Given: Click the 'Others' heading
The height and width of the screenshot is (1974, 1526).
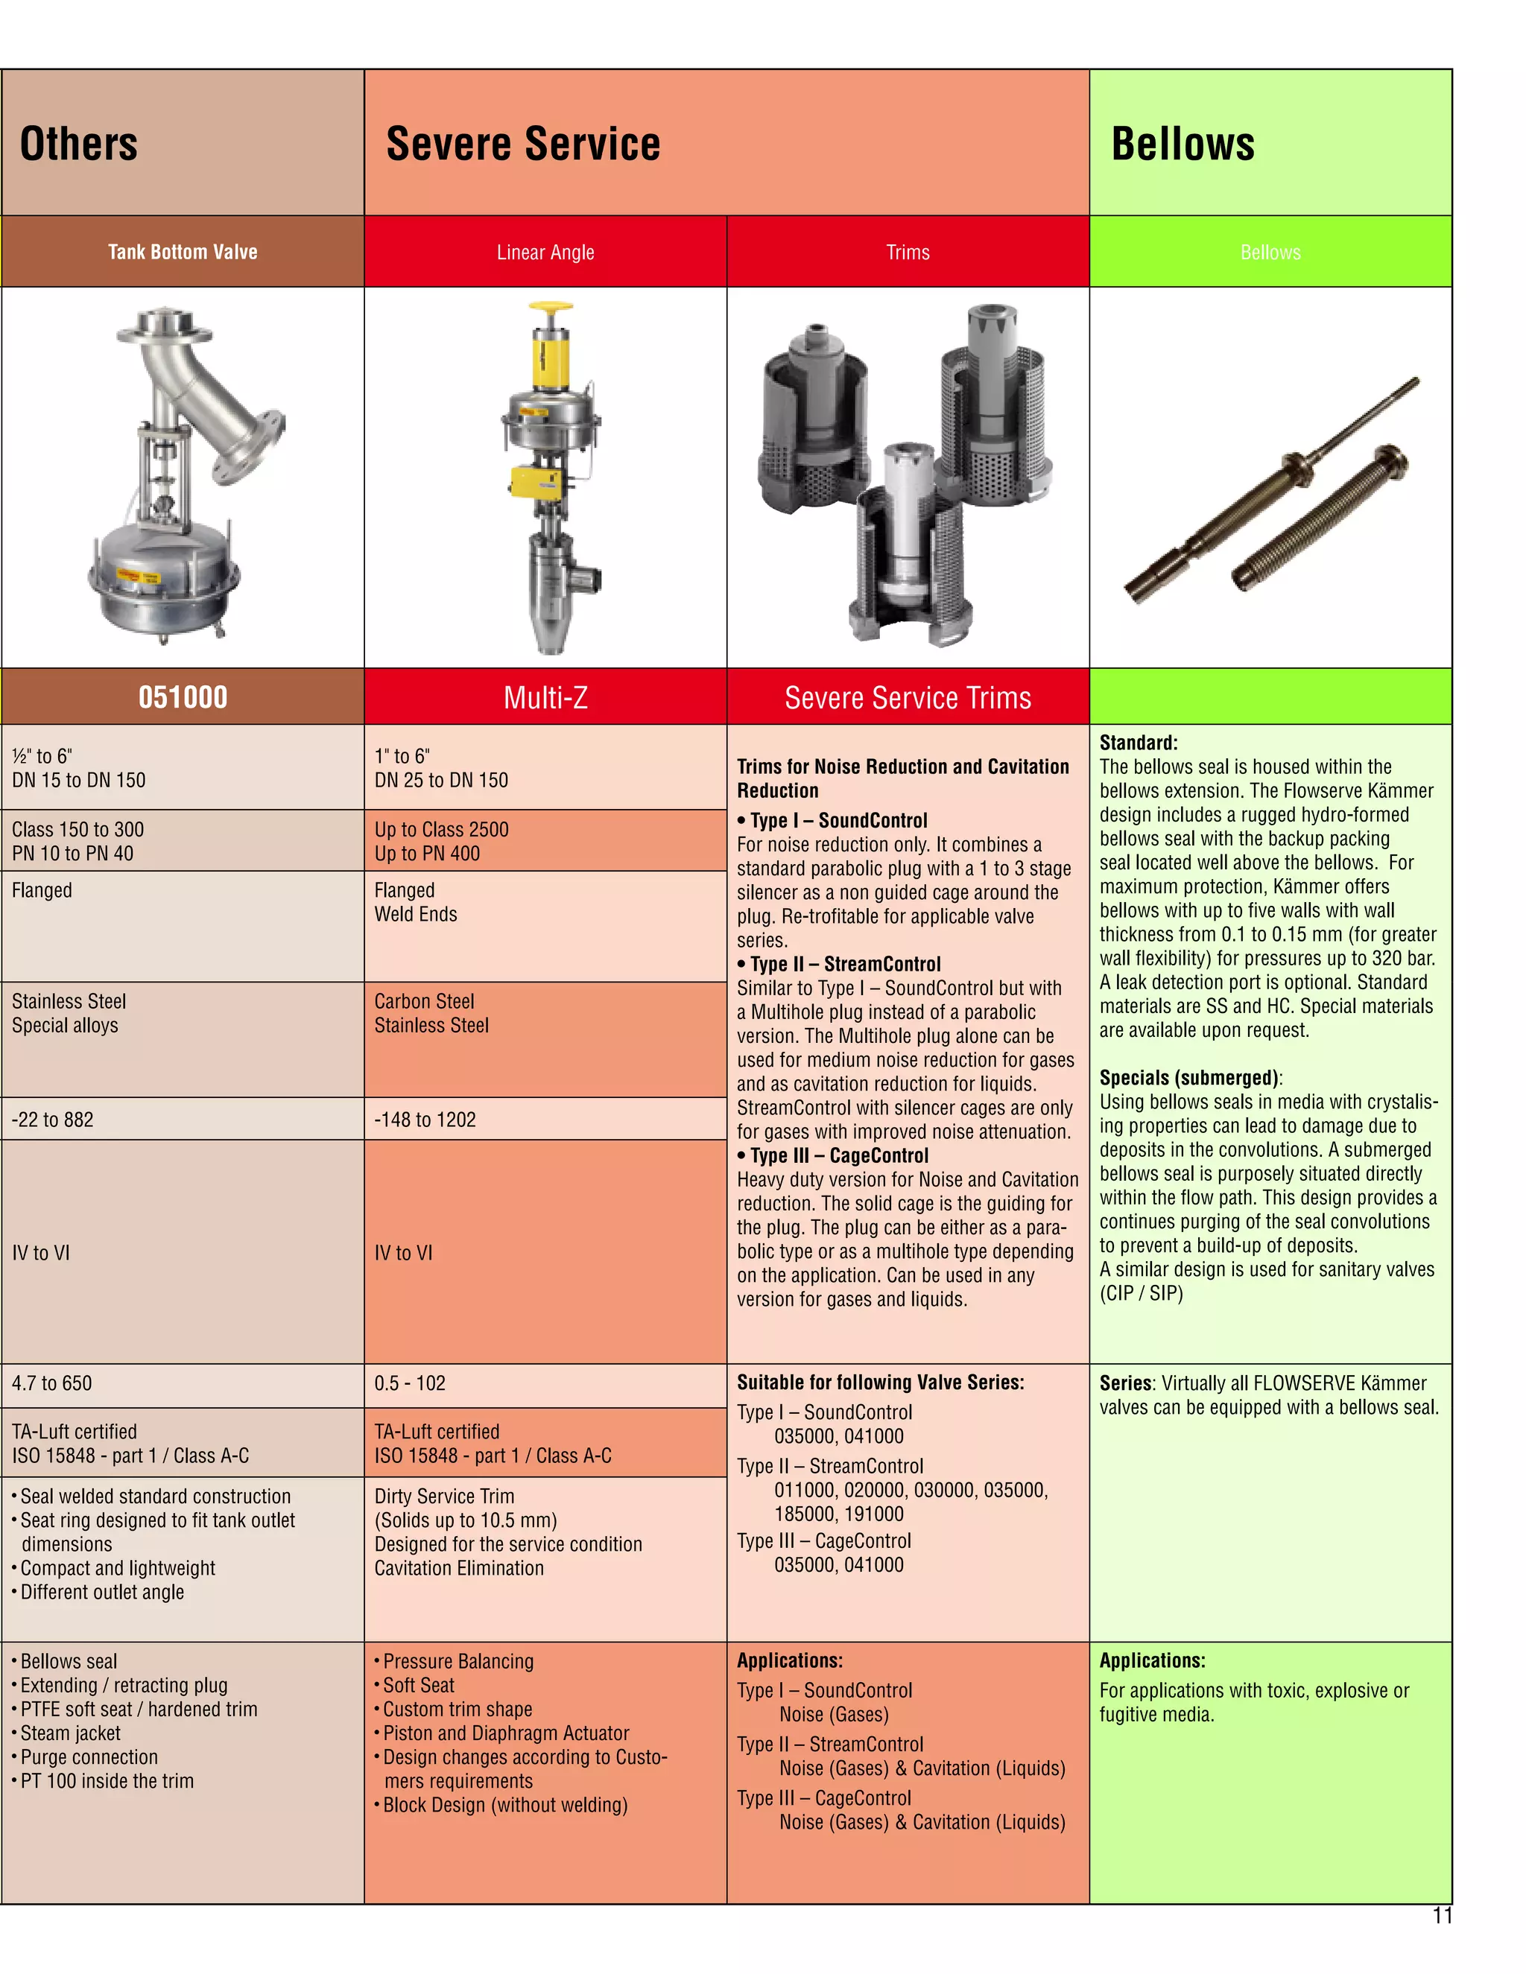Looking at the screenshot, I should coord(79,145).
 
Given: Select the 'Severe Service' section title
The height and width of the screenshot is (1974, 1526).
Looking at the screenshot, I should coord(522,145).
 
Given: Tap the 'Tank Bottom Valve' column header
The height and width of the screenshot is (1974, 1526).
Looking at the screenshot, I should coord(183,253).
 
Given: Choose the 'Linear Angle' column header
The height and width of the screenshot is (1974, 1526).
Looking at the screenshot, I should coord(545,253).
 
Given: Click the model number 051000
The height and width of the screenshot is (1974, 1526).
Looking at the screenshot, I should coord(183,697).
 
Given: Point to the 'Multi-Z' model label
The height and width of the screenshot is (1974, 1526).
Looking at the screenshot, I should coord(545,698).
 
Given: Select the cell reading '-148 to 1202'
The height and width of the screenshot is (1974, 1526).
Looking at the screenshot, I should coord(425,1120).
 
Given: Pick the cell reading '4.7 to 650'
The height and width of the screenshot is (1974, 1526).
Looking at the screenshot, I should coord(51,1383).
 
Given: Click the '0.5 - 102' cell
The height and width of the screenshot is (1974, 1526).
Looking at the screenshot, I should coord(410,1383).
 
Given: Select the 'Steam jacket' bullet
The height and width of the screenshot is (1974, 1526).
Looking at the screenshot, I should coord(71,1733).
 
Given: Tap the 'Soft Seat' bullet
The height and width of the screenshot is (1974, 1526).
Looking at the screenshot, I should coord(419,1685).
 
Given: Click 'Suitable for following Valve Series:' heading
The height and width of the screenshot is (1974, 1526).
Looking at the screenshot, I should coord(880,1382).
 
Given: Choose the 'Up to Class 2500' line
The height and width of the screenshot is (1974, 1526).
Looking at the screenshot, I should coord(441,830).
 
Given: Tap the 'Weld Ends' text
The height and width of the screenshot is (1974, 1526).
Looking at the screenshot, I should coord(416,915).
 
